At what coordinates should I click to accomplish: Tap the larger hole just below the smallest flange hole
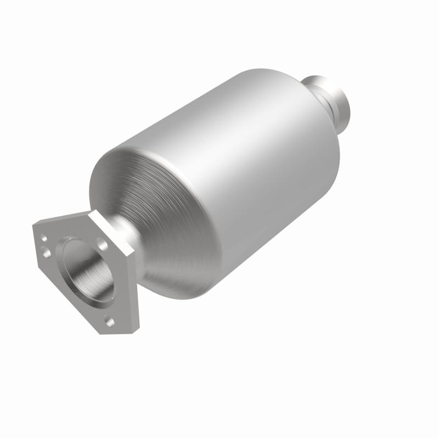[46, 252]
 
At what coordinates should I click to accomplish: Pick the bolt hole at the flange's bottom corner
[109, 322]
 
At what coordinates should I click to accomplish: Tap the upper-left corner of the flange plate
[34, 226]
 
